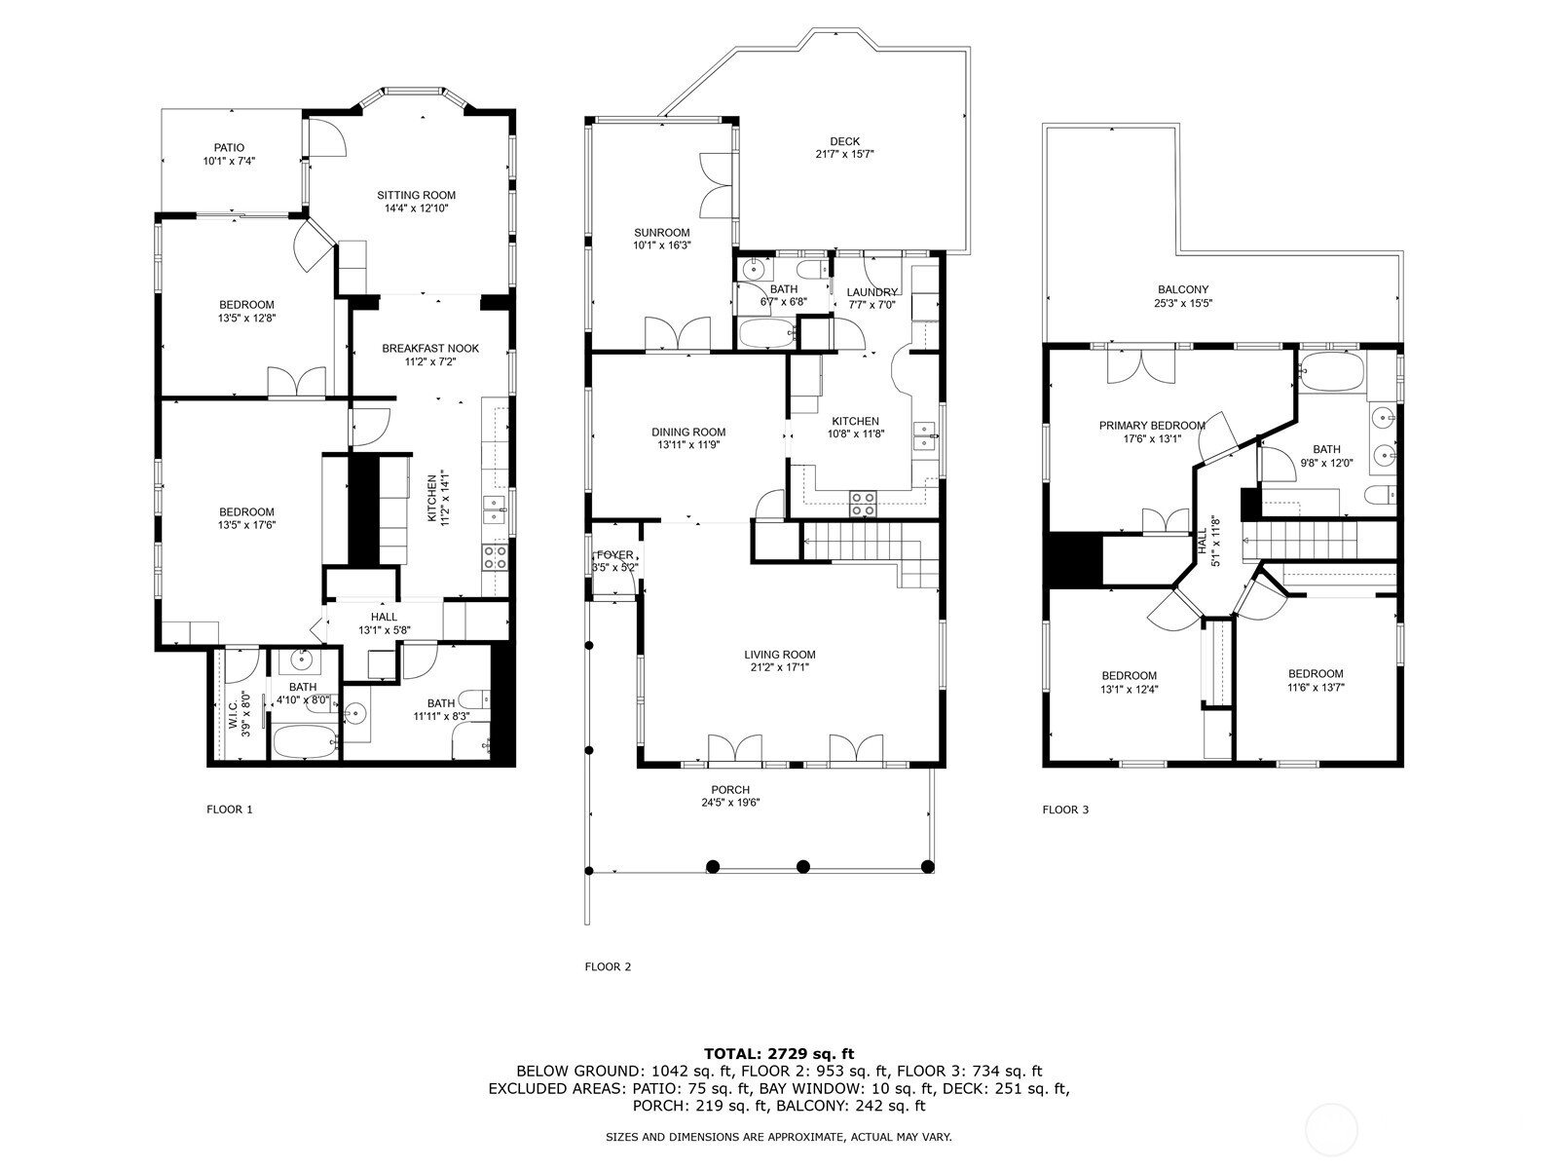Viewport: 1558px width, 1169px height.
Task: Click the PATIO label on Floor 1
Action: (229, 148)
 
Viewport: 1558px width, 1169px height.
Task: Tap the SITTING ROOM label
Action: (416, 195)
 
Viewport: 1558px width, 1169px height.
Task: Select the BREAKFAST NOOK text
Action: (430, 349)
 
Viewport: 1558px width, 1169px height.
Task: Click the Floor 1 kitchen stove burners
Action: (495, 557)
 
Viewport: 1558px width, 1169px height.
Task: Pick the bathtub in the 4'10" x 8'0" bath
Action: (305, 742)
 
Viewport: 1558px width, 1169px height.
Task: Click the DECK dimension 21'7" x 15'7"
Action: (844, 154)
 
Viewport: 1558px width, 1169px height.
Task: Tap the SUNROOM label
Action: (661, 233)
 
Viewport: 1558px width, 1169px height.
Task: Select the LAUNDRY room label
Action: (872, 292)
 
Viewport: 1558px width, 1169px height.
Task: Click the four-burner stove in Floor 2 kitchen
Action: (863, 504)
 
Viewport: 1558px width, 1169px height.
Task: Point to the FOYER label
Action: (614, 555)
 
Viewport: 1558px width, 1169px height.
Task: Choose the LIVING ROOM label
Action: (779, 655)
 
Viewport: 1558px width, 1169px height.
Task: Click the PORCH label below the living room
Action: (730, 790)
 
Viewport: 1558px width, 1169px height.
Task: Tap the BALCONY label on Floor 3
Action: (1182, 289)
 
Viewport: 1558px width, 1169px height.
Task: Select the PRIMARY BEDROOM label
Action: (1152, 426)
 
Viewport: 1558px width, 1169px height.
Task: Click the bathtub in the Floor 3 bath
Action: (1331, 371)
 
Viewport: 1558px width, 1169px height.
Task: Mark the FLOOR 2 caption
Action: (608, 966)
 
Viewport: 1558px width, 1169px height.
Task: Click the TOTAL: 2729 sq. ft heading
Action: (779, 1054)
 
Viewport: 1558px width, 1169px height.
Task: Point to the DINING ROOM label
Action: (688, 433)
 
